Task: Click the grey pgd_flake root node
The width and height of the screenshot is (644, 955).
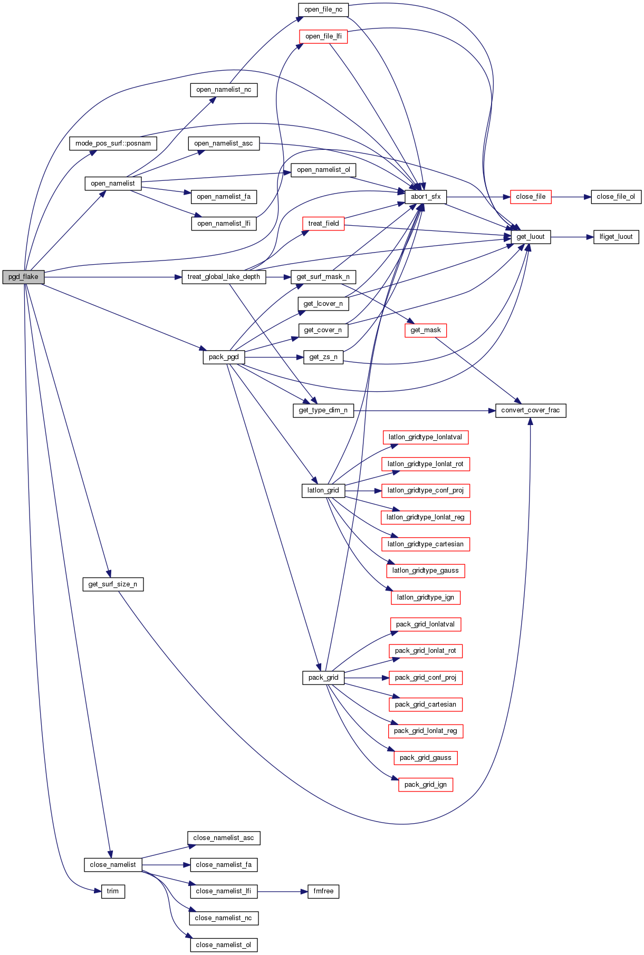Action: (x=23, y=277)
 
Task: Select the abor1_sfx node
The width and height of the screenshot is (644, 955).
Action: (x=426, y=197)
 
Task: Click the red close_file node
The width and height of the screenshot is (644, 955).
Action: (x=531, y=197)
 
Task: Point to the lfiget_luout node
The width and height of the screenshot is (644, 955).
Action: (x=616, y=237)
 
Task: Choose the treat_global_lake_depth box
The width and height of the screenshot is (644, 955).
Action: (x=224, y=277)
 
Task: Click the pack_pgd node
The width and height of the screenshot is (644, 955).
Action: (x=224, y=357)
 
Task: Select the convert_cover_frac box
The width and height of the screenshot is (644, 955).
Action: (x=531, y=410)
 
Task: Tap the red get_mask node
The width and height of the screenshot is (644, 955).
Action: (x=426, y=330)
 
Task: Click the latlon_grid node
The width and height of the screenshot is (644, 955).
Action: (x=323, y=490)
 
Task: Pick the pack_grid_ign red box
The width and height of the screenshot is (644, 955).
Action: (x=426, y=785)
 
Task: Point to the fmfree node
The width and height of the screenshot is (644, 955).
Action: (x=323, y=891)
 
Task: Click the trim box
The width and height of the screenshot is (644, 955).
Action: (x=113, y=891)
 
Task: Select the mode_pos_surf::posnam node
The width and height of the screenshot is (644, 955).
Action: (x=113, y=143)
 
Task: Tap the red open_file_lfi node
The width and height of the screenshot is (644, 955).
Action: (x=323, y=36)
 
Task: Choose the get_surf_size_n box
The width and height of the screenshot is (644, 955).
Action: (x=113, y=584)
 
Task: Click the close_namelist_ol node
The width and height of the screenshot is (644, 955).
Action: (x=224, y=945)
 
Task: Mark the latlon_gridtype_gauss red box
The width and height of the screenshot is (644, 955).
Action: (x=426, y=571)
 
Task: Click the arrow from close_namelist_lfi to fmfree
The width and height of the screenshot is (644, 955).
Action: (x=282, y=891)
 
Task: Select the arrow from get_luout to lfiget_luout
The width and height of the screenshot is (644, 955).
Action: (x=572, y=237)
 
